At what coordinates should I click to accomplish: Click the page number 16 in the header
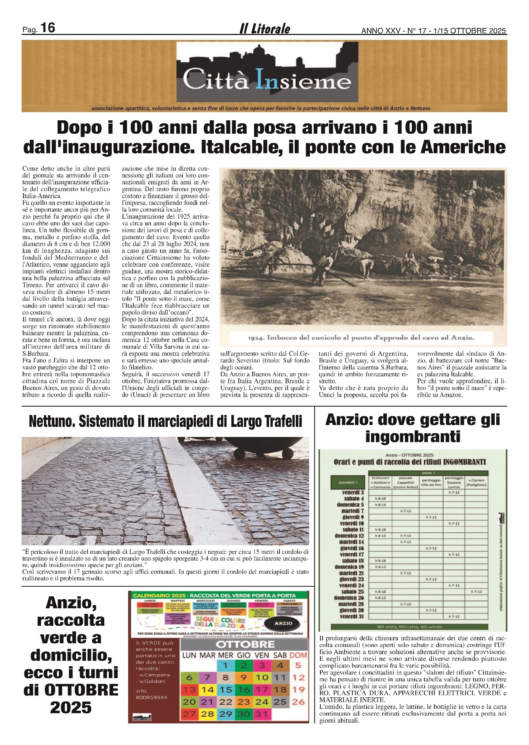pos(47,28)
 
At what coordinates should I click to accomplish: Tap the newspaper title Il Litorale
pos(264,29)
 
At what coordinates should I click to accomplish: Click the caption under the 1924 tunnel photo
pos(361,338)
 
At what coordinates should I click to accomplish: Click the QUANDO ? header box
pos(348,482)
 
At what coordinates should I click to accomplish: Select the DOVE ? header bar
pos(427,473)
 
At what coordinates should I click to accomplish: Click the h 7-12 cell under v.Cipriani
pos(476,592)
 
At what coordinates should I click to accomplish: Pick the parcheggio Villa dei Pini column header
pos(431,482)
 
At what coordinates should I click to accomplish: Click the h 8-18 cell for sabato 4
pos(380,498)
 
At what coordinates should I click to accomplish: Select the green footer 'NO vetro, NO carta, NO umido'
pos(409,627)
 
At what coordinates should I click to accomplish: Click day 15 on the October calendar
pos(225,689)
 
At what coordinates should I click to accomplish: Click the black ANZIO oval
pos(283,623)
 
